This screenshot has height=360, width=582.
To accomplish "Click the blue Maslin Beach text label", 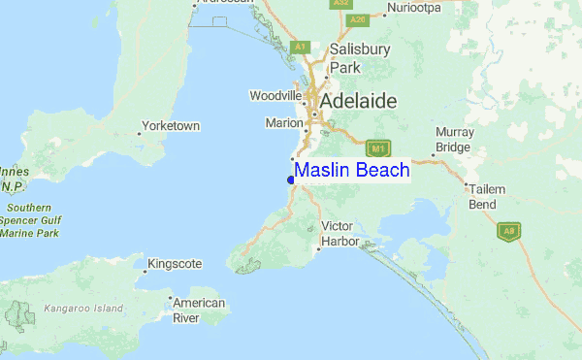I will pyautogui.click(x=352, y=171).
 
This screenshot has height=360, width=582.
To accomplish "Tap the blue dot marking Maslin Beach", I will pyautogui.click(x=291, y=180).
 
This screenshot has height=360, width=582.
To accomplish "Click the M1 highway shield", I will pyautogui.click(x=378, y=148).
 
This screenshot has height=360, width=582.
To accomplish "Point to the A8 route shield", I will pyautogui.click(x=507, y=232).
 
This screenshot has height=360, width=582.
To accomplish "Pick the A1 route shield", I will pyautogui.click(x=301, y=47).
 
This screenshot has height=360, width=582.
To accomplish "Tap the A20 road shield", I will pyautogui.click(x=357, y=19).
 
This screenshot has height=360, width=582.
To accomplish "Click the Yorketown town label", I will pyautogui.click(x=170, y=126).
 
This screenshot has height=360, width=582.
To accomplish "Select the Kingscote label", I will pyautogui.click(x=175, y=263).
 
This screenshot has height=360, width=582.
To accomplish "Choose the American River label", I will pyautogui.click(x=199, y=311).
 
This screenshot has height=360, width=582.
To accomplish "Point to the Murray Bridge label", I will pyautogui.click(x=454, y=139).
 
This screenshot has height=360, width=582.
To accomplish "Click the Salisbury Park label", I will pyautogui.click(x=346, y=58).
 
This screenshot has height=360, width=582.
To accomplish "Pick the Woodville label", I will pyautogui.click(x=276, y=95).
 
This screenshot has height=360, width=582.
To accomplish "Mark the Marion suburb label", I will pyautogui.click(x=284, y=123).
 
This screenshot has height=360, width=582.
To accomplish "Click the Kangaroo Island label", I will pyautogui.click(x=83, y=309).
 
